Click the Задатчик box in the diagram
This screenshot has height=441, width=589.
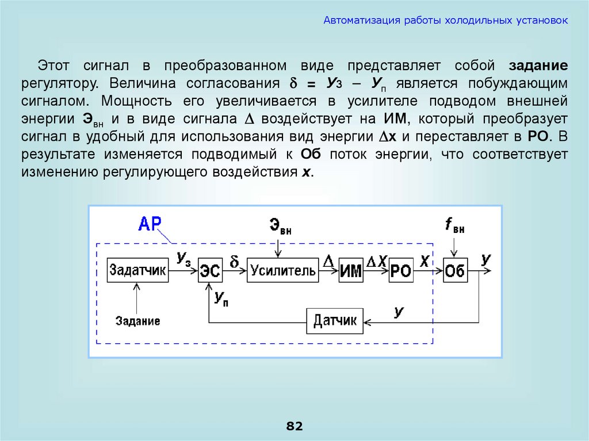click(x=138, y=270)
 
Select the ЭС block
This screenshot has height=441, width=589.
click(x=210, y=271)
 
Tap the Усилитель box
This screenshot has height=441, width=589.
click(x=282, y=270)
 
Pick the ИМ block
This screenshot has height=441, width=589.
click(x=351, y=271)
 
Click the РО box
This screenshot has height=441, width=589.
click(x=401, y=271)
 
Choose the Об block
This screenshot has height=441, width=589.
click(x=454, y=271)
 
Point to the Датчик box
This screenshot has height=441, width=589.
click(x=335, y=320)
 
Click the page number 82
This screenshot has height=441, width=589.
click(x=294, y=426)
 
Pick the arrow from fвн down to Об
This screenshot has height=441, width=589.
click(x=454, y=247)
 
